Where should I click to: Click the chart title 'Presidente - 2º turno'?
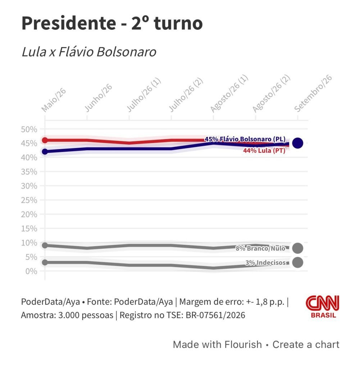112,23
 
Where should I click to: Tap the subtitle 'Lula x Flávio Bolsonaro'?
89,52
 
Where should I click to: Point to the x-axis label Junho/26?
98,98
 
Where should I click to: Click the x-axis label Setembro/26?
313,93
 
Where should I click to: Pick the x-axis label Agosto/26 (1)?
229,94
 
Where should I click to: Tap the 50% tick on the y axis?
29,129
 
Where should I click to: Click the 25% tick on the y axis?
29,200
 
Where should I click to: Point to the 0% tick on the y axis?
31,271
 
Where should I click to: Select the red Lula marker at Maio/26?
45,140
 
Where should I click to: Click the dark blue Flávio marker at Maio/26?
45,152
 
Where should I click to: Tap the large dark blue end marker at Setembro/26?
297,143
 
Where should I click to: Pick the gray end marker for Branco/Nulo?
297,248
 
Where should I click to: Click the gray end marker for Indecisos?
297,263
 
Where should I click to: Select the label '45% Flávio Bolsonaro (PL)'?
245,139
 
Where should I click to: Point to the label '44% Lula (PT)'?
264,151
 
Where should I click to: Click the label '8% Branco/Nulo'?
260,248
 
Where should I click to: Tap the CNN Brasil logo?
323,307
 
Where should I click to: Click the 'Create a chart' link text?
306,345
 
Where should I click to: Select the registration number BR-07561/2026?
215,315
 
